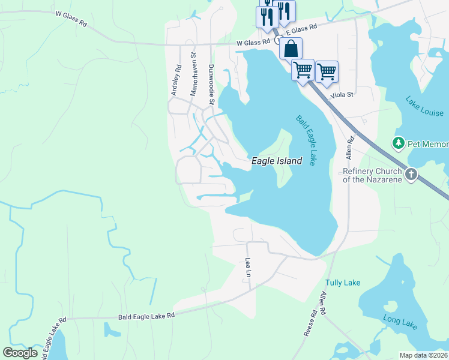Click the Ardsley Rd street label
coord(176,80)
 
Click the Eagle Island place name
coord(276,161)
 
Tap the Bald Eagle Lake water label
coord(306,140)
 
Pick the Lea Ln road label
coord(248,268)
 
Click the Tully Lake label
coord(343,283)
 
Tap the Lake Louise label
coord(424,106)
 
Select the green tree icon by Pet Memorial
coord(398,143)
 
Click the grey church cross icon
coord(411,175)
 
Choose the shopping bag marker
coord(291,49)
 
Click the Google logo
coord(20,353)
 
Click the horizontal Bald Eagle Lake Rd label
coord(146,315)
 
